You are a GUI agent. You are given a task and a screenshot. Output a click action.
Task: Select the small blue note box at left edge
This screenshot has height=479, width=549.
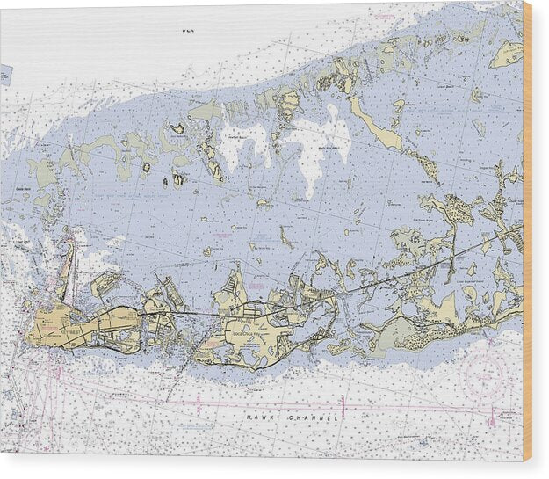(x=5, y=74)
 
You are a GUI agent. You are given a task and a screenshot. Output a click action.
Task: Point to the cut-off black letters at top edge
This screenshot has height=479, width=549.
(x=184, y=29)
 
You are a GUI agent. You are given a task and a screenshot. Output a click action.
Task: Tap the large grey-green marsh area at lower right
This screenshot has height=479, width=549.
(x=395, y=332)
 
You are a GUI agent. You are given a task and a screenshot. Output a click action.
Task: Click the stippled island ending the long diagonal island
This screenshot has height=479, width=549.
(x=426, y=167)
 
